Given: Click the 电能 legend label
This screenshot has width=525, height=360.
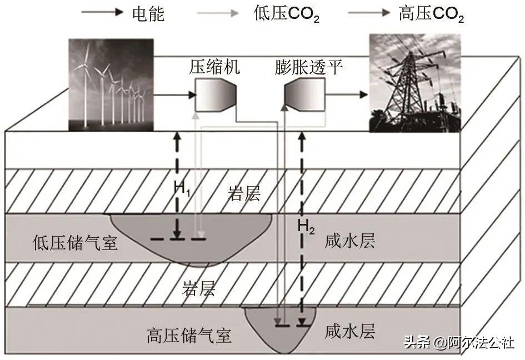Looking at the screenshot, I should [x=149, y=14].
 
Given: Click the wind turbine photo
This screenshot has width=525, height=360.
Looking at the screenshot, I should [x=111, y=84].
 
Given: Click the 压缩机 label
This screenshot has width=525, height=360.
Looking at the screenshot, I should [x=214, y=68].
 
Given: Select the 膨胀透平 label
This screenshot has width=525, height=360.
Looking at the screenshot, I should [x=308, y=68].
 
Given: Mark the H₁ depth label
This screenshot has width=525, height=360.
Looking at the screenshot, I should [x=182, y=189].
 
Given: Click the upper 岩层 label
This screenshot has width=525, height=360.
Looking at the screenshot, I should [x=244, y=194].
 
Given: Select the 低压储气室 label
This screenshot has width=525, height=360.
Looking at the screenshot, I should [x=76, y=242].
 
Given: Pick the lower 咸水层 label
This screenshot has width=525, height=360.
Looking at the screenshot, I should [x=350, y=331].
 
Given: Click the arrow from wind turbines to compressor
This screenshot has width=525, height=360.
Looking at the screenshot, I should [x=173, y=96].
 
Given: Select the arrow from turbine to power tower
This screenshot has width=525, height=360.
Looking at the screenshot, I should [x=347, y=95].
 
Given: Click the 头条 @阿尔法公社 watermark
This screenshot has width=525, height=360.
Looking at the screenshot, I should [x=458, y=342].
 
